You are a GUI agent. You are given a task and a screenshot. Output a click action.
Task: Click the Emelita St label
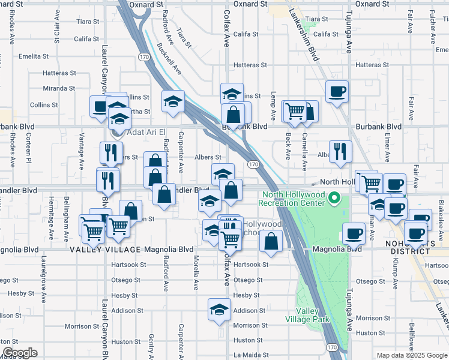[34, 56]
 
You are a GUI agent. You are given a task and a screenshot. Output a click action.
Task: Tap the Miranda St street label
[59, 88]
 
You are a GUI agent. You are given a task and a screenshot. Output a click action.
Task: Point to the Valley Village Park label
[313, 315]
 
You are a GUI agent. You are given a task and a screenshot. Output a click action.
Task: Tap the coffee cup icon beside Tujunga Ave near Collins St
[337, 91]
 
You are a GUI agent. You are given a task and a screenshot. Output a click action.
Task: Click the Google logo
[20, 353]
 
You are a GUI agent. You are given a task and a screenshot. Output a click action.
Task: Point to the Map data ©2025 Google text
[411, 355]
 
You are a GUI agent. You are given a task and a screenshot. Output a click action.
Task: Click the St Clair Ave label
[58, 33]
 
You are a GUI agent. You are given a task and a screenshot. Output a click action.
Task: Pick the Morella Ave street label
[196, 271]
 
